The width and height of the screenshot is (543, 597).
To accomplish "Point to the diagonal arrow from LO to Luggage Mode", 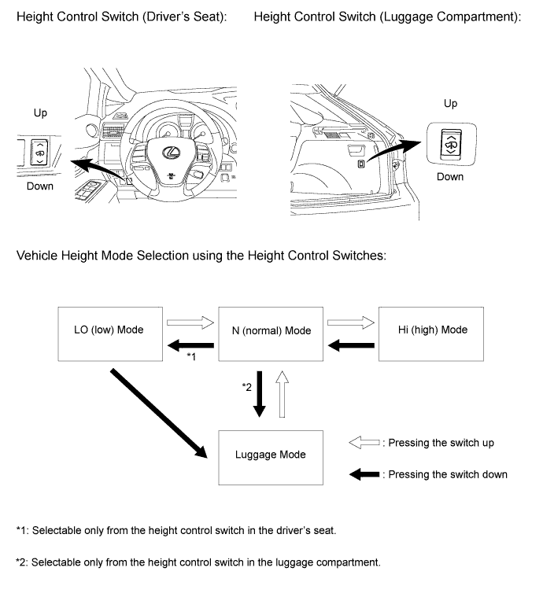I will point(161,413).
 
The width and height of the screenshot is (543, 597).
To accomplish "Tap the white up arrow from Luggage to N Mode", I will point(283,396).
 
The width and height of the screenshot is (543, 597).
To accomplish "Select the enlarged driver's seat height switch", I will point(38,151).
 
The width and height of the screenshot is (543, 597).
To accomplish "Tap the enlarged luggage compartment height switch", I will point(450,142).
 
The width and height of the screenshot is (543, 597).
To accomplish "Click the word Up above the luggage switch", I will point(450,104).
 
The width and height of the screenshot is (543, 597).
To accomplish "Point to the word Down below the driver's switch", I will point(39,186).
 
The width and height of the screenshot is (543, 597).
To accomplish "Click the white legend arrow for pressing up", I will point(364,444).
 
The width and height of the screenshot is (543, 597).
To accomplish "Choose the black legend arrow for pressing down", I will point(364,474).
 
